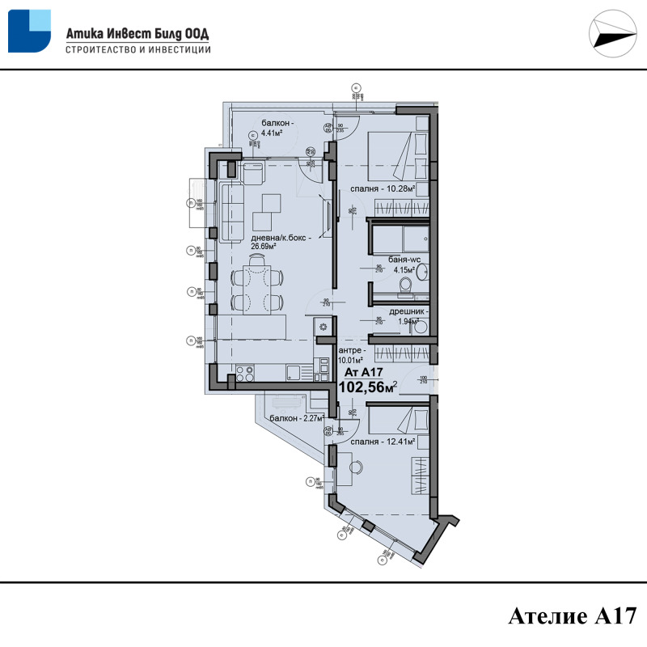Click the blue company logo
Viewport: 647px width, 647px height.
(29, 32)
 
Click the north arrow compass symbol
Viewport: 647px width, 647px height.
(611, 35)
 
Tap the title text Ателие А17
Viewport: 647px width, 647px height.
(567, 616)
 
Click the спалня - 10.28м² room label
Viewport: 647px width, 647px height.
(383, 189)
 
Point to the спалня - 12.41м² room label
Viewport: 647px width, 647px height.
(383, 442)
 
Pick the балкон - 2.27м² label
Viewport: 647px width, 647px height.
(297, 419)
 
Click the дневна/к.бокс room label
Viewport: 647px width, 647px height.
(280, 243)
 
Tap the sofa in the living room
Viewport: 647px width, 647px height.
(231, 209)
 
